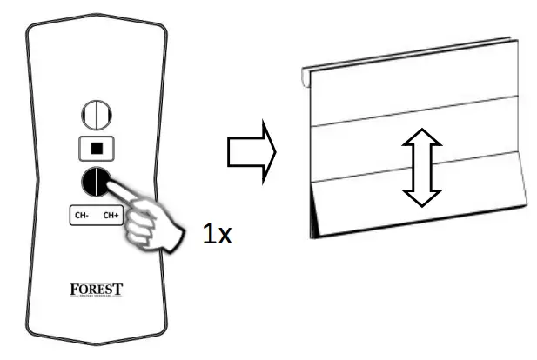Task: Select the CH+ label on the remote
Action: point(110,215)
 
